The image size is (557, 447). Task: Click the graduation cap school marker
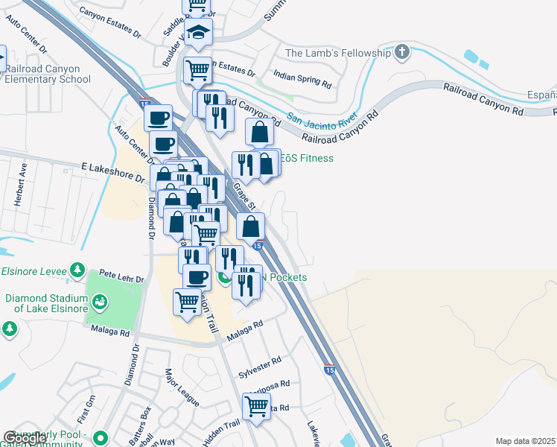[x=199, y=33]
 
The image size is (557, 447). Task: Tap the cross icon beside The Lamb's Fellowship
[x=402, y=52]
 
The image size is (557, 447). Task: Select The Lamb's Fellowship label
[x=338, y=53]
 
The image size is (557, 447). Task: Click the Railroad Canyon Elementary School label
[x=48, y=74]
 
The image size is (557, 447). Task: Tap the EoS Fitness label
[x=308, y=158]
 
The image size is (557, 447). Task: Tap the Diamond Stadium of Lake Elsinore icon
[x=98, y=302]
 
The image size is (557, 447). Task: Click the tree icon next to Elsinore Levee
[x=76, y=269]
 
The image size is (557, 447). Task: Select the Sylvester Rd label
[x=260, y=366]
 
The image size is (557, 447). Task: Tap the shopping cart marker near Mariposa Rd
[x=256, y=407]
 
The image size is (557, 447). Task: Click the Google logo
[x=24, y=439]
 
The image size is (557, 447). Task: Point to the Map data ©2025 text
[x=525, y=441]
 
